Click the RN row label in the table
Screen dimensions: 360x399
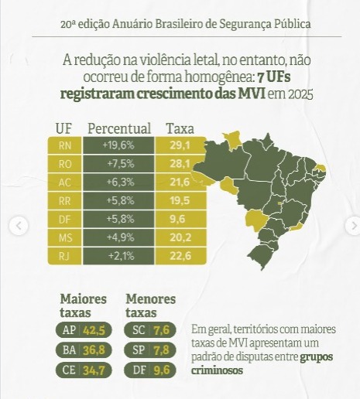(x=65, y=145)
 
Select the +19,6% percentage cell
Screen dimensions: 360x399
(x=118, y=145)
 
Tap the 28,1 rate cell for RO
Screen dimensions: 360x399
(x=180, y=164)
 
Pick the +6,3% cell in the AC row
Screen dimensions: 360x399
(x=118, y=182)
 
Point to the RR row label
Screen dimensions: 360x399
(x=65, y=200)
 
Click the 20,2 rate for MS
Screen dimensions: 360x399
(x=180, y=237)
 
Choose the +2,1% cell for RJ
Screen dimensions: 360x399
(x=118, y=256)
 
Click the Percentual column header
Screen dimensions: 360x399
(x=119, y=128)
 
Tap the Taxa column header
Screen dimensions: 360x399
(x=180, y=128)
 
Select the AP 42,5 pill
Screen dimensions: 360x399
(x=84, y=330)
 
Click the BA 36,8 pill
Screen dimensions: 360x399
(x=84, y=350)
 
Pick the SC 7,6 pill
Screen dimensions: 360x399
(x=150, y=330)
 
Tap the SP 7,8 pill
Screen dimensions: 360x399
(x=150, y=350)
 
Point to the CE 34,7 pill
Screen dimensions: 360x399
(x=84, y=370)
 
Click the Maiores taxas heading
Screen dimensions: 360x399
(x=83, y=306)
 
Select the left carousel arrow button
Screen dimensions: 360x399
(x=19, y=226)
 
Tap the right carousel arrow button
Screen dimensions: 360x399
(x=353, y=226)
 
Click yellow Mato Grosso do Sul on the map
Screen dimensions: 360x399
(x=256, y=220)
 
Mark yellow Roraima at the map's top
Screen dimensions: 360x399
(x=233, y=141)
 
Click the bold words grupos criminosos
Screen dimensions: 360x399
(x=262, y=363)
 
